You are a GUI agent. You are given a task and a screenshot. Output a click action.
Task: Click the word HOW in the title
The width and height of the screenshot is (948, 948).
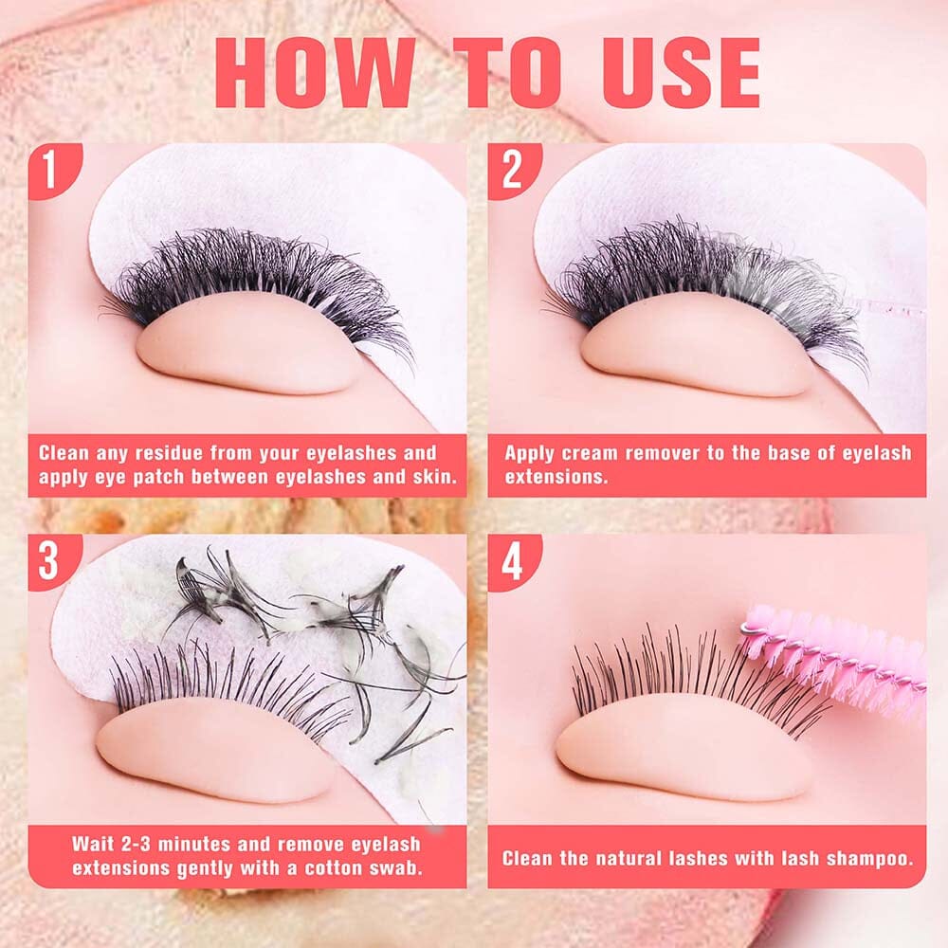click(x=316, y=73)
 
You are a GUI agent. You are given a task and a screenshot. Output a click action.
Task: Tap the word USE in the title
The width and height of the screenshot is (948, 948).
click(x=682, y=73)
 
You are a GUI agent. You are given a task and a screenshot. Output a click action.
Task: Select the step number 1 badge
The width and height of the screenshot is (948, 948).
click(x=53, y=171)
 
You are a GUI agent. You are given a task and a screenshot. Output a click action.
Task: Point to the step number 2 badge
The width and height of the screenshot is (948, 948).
click(x=513, y=171)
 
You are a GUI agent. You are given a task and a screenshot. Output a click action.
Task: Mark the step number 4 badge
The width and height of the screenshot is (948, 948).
click(x=513, y=561)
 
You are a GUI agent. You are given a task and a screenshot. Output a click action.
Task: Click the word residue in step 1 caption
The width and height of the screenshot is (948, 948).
click(x=170, y=453)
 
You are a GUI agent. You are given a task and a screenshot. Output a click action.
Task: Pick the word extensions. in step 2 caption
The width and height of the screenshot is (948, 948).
click(x=556, y=477)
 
